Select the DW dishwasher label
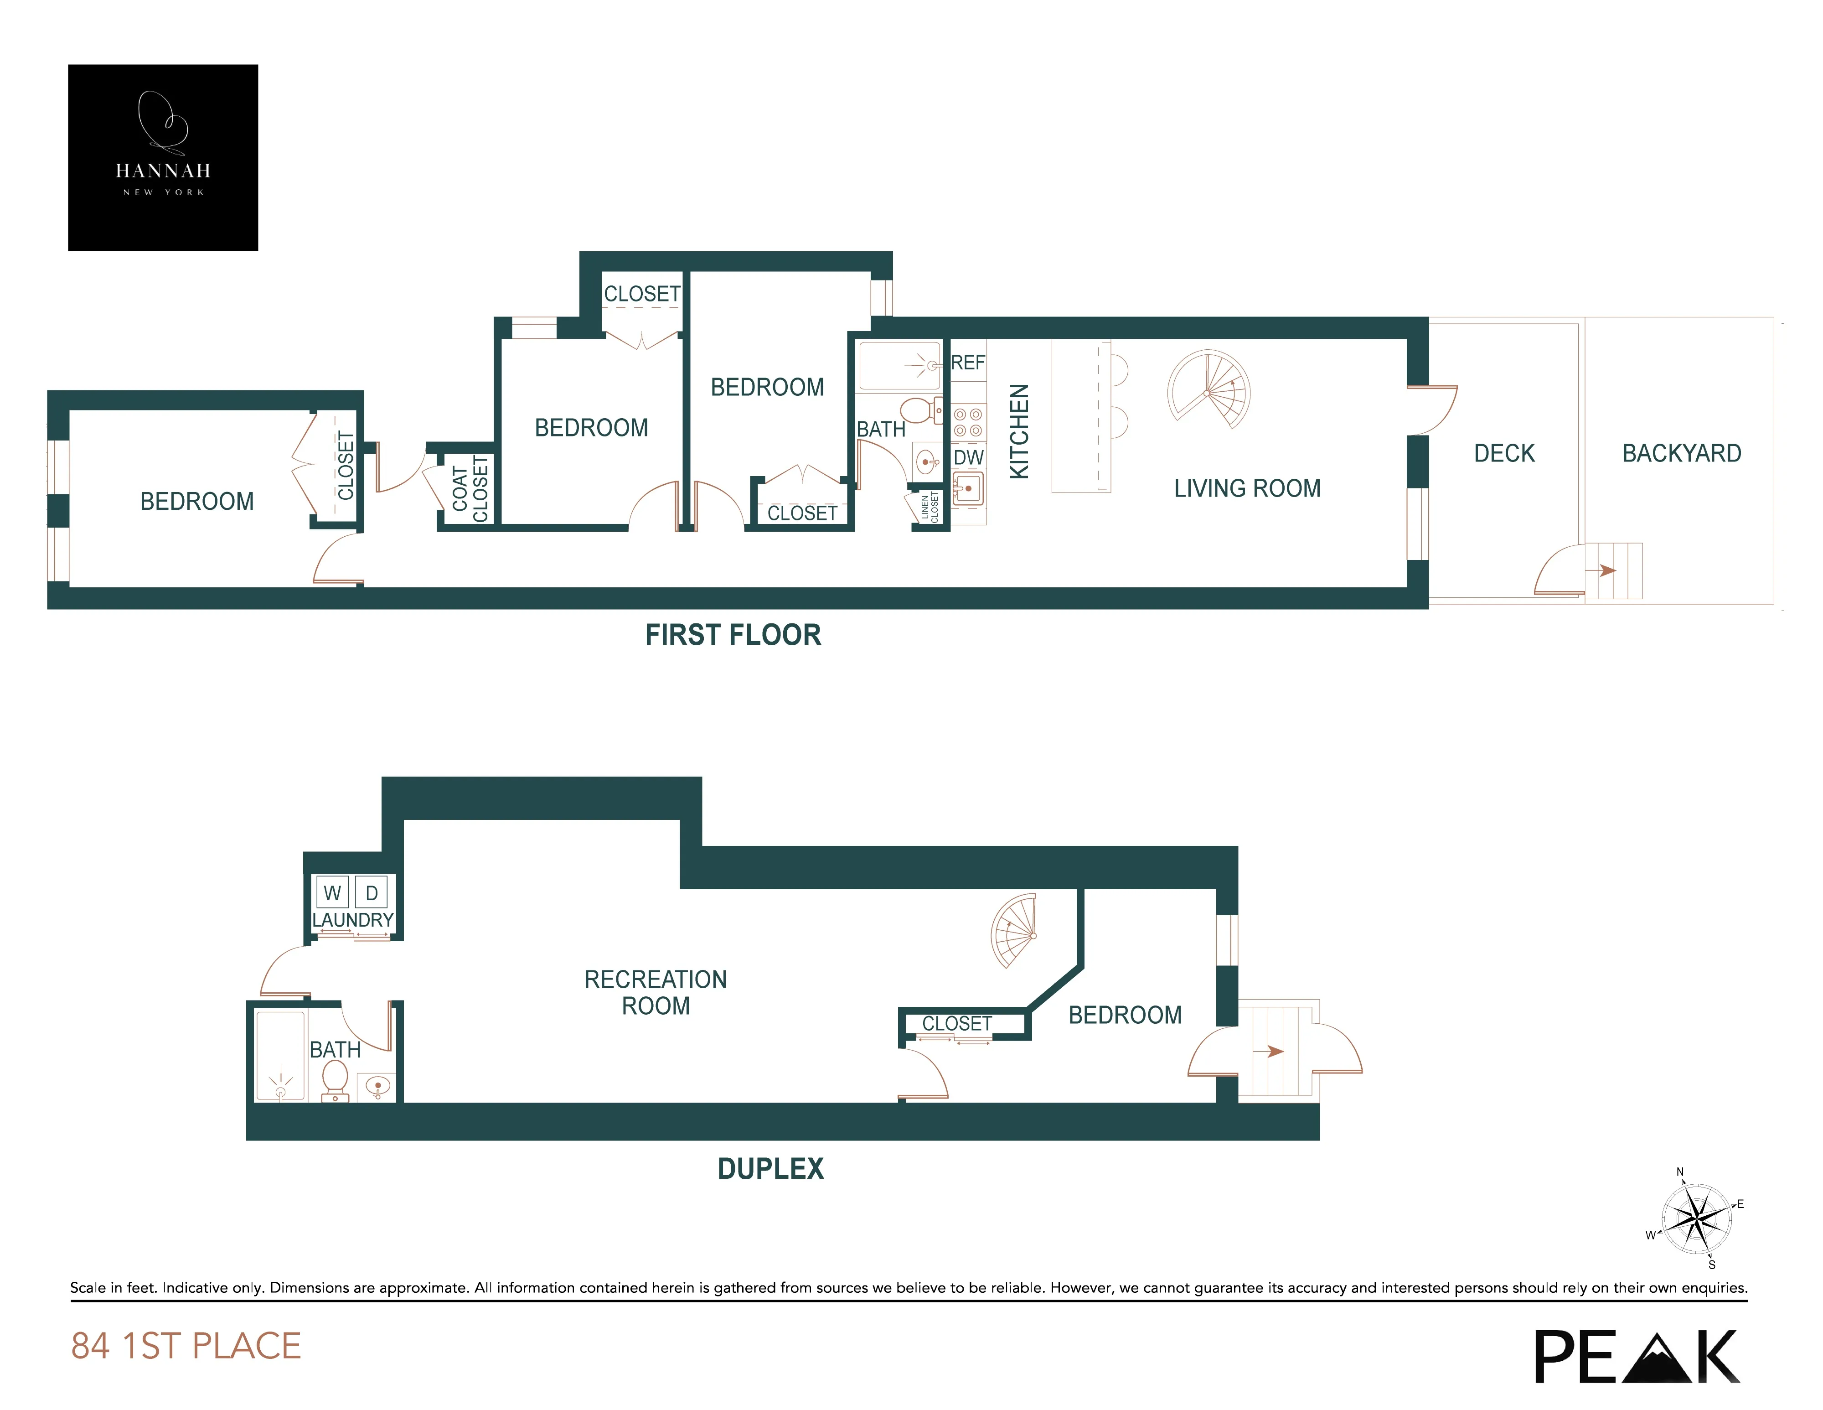point(968,457)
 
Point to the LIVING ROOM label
point(1247,488)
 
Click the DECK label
point(1504,453)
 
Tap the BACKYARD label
point(1681,453)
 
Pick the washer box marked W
point(332,892)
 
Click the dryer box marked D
point(372,892)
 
